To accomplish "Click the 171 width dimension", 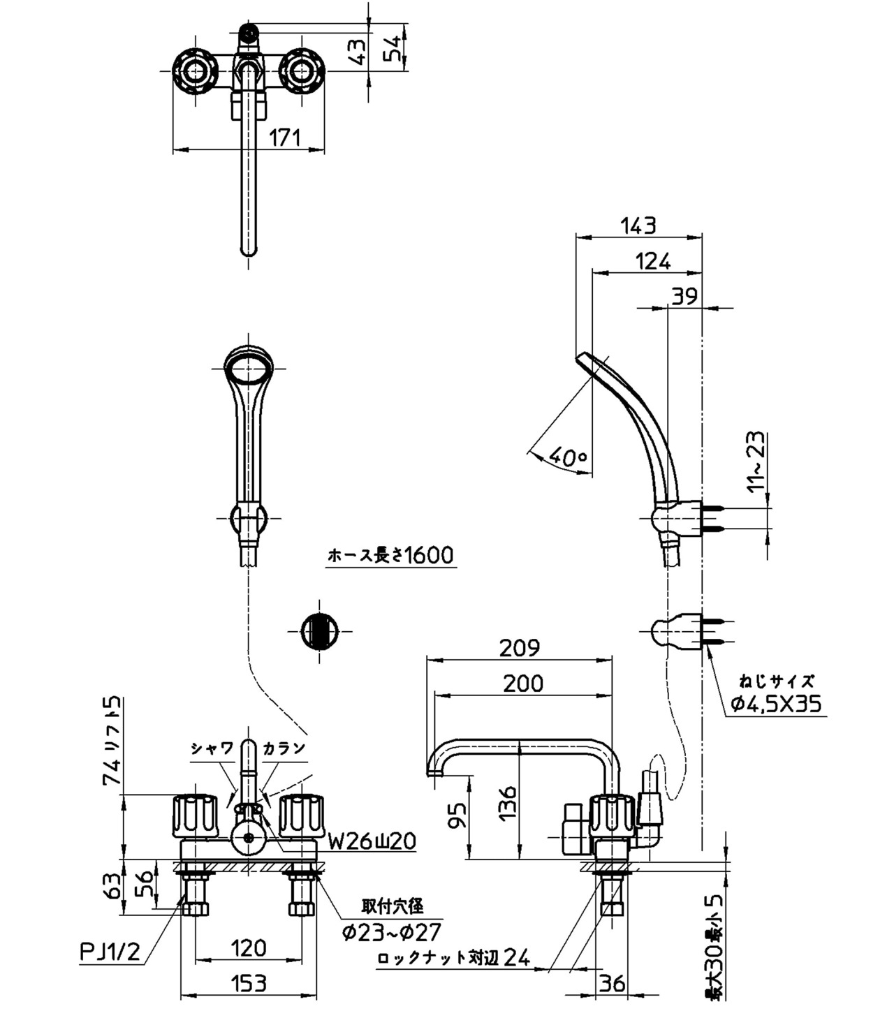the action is pyautogui.click(x=285, y=138).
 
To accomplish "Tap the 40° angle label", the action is pyautogui.click(x=568, y=457).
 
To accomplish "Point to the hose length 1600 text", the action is pyautogui.click(x=390, y=555).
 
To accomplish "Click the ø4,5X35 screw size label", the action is pyautogui.click(x=776, y=704).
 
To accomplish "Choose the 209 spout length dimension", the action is pyautogui.click(x=520, y=648).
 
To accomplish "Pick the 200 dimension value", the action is pyautogui.click(x=522, y=683).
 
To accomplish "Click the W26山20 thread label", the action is pyautogui.click(x=372, y=841).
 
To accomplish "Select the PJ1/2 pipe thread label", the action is pyautogui.click(x=110, y=952).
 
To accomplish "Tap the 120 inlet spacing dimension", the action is pyautogui.click(x=249, y=947).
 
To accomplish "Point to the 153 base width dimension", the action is pyautogui.click(x=249, y=983).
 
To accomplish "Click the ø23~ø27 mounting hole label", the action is pyautogui.click(x=392, y=931).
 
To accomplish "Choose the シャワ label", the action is pyautogui.click(x=212, y=748).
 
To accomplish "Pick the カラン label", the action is pyautogui.click(x=284, y=748).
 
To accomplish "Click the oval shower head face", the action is pyautogui.click(x=249, y=368).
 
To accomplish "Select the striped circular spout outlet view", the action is pyautogui.click(x=319, y=632).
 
